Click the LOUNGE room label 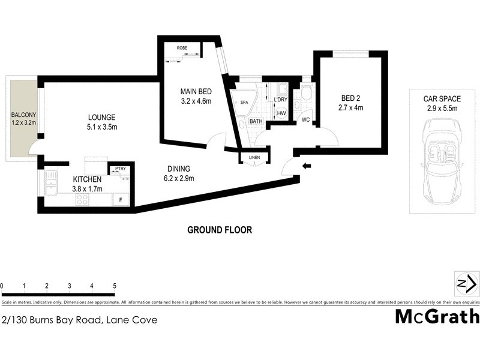(101, 118)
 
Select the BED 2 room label (351, 98)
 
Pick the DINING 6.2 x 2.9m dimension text (179, 178)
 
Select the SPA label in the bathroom (244, 103)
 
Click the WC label (305, 120)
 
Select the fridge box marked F (121, 199)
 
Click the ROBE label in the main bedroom (183, 47)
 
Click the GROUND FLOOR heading (220, 230)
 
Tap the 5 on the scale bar (114, 286)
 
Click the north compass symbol (466, 283)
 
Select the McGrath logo (437, 316)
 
